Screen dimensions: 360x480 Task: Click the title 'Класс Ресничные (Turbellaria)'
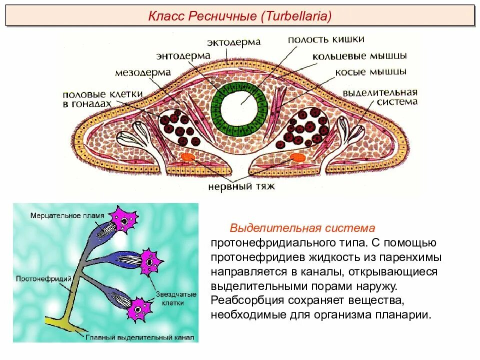click(x=240, y=16)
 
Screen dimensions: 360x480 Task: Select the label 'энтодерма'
click(x=183, y=56)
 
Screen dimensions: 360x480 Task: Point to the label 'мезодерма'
click(x=143, y=73)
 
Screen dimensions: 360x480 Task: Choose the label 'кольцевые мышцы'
click(x=359, y=55)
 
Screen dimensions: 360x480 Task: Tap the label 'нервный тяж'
click(x=241, y=187)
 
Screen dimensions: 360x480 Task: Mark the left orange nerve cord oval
click(x=188, y=157)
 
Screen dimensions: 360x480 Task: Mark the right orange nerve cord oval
click(x=297, y=157)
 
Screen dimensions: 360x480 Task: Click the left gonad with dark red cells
click(x=176, y=125)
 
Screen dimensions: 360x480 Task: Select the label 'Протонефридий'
click(x=39, y=278)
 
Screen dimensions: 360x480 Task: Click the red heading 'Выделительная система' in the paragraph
click(x=302, y=228)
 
